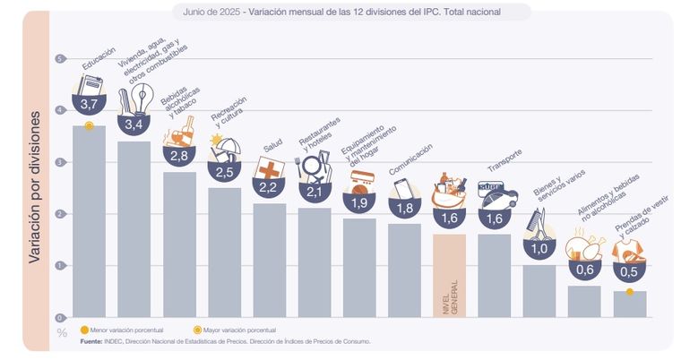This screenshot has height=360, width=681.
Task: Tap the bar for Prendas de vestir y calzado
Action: coord(629,304)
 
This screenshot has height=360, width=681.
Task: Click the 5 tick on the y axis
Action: coord(61,59)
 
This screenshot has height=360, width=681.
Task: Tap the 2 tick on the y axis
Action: coord(61,214)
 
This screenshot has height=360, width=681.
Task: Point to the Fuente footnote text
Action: coord(224,341)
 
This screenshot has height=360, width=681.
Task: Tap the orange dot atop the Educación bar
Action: coord(89,125)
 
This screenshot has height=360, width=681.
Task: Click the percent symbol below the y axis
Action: coord(62,334)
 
